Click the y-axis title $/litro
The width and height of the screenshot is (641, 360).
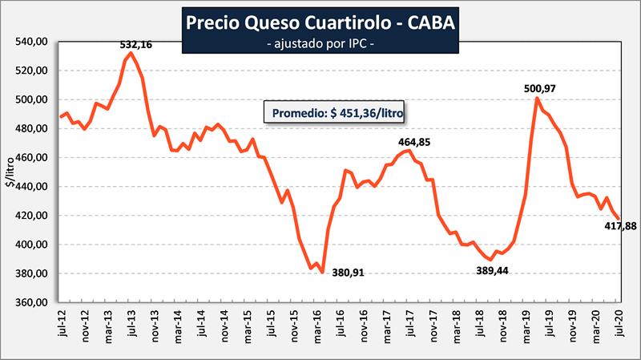(x=10, y=172)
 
